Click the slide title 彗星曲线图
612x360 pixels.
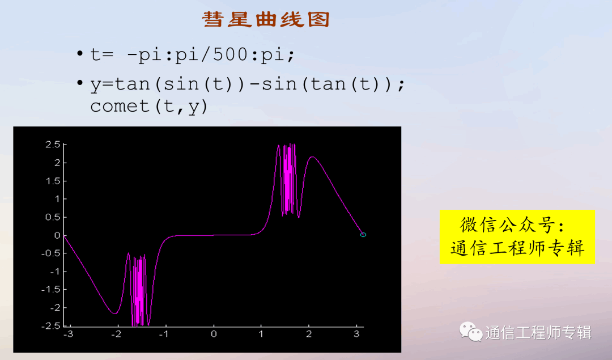click(x=266, y=19)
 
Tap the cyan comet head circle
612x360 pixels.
click(x=363, y=235)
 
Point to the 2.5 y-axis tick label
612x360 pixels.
click(x=53, y=145)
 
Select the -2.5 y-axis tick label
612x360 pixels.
click(x=51, y=326)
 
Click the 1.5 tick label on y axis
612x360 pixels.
click(x=53, y=181)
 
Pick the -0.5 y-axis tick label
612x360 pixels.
click(x=51, y=253)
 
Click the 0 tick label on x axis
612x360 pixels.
click(x=214, y=334)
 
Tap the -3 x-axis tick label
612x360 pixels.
click(x=69, y=334)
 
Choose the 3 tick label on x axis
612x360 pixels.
click(x=356, y=334)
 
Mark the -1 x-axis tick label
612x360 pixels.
click(x=164, y=334)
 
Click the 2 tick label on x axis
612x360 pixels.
click(x=309, y=334)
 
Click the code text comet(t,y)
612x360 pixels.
click(x=149, y=106)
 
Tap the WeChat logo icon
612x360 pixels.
click(x=471, y=332)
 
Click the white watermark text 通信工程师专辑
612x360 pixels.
click(x=538, y=333)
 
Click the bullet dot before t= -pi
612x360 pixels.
click(x=80, y=53)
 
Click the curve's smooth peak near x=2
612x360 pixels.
click(x=312, y=157)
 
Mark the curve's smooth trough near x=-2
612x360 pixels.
click(x=114, y=313)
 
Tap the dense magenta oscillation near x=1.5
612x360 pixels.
click(x=288, y=180)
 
